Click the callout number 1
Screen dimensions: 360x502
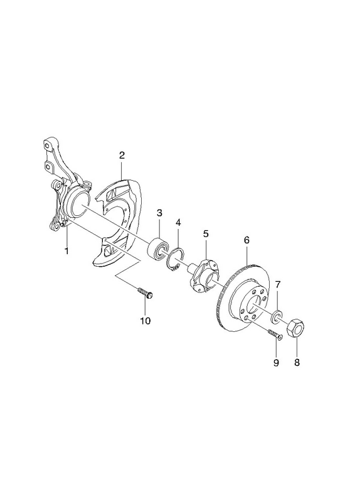tap(66, 250)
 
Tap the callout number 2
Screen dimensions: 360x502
tap(122, 156)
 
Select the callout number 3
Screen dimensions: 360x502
tap(159, 213)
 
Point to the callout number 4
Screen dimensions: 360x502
tap(178, 222)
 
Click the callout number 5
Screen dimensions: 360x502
tap(206, 233)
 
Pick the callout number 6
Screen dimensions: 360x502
tap(246, 240)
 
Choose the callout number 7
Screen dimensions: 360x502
tap(278, 284)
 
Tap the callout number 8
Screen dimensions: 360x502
tap(297, 363)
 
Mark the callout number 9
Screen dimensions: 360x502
tap(276, 363)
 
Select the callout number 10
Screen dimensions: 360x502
tap(145, 321)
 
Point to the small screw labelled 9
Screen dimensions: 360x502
tap(275, 334)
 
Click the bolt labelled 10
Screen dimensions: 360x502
tap(146, 293)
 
